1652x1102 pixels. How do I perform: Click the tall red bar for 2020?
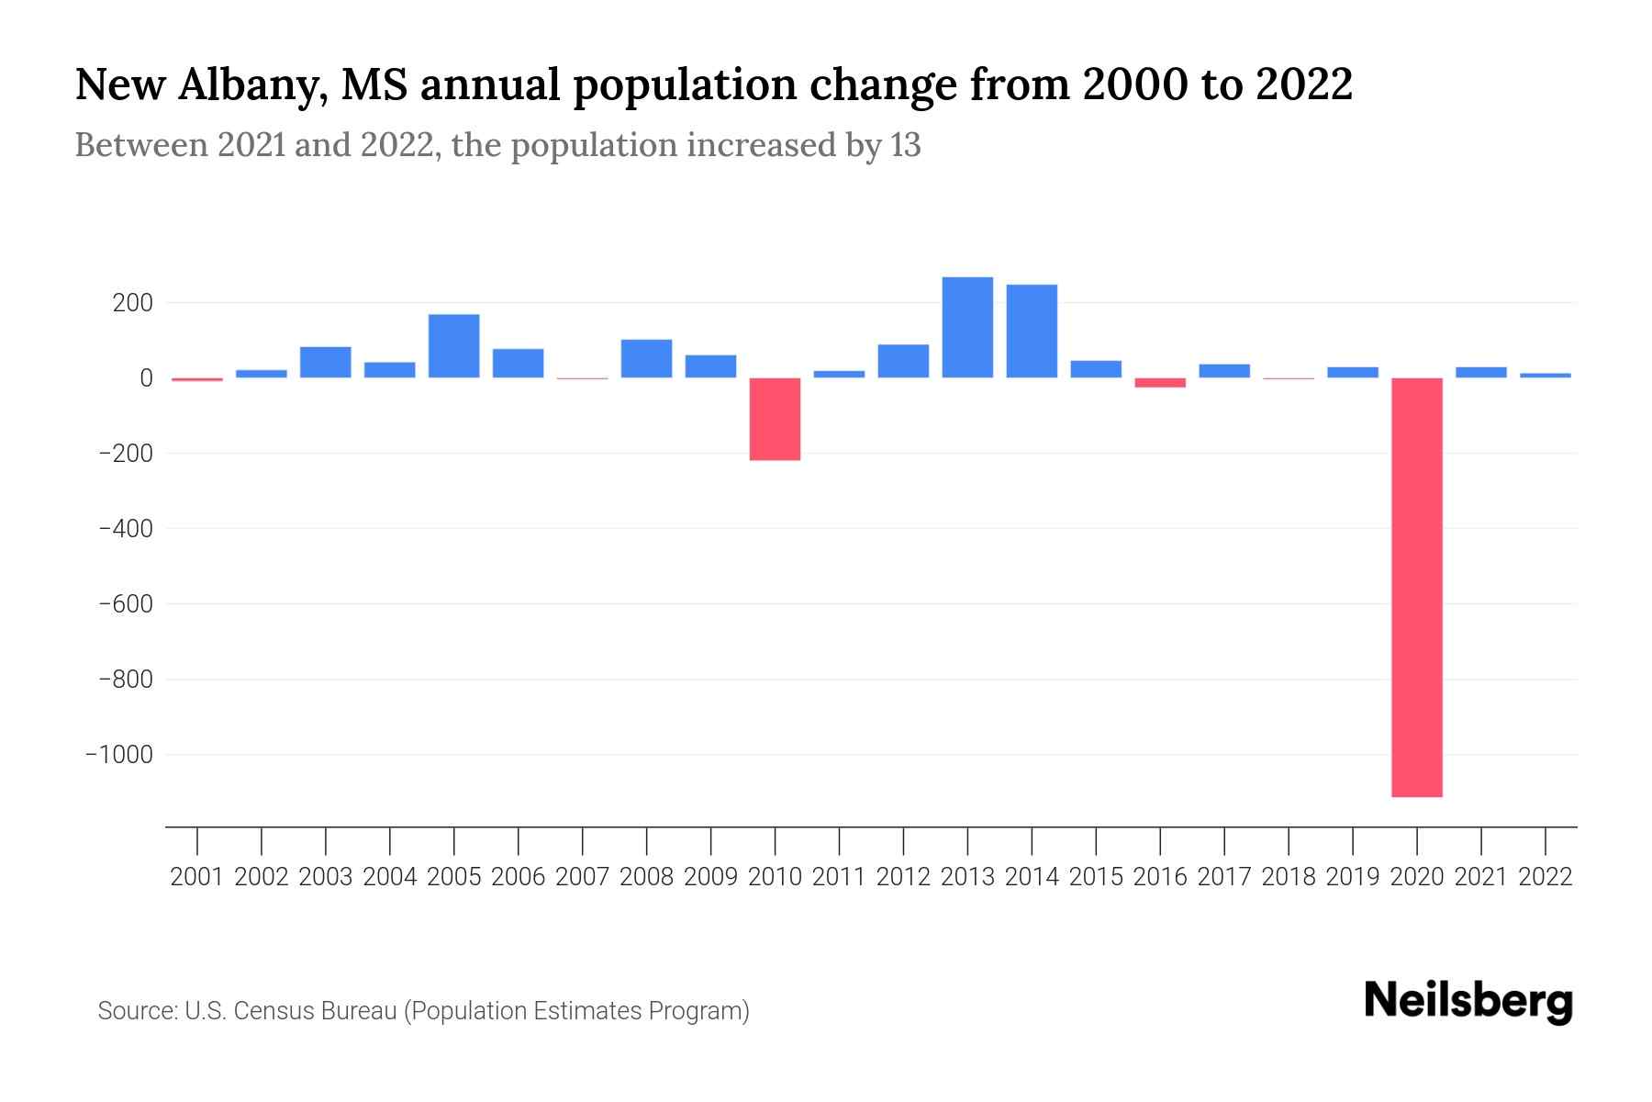click(x=1417, y=588)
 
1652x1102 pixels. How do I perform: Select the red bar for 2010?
click(x=775, y=419)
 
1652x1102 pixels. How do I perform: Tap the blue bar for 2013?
click(x=967, y=327)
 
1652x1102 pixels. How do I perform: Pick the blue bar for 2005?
click(x=453, y=346)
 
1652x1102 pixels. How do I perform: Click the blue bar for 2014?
click(x=1032, y=331)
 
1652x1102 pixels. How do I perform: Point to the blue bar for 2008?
click(x=646, y=358)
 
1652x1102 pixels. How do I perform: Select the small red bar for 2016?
click(x=1160, y=383)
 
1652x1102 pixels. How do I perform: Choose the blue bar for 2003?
click(x=326, y=362)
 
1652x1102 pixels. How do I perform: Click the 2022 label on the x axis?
click(x=1546, y=877)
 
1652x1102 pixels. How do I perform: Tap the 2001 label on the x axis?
click(x=197, y=877)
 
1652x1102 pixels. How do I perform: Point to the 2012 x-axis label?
click(x=903, y=877)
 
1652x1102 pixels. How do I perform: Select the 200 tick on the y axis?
click(x=132, y=303)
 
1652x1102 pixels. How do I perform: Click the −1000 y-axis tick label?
click(x=119, y=755)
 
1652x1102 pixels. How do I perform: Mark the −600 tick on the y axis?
click(x=126, y=604)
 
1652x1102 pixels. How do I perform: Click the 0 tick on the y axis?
click(x=146, y=378)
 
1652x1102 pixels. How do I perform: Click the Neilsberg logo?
click(x=1468, y=1001)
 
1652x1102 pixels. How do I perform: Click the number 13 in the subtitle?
click(x=905, y=146)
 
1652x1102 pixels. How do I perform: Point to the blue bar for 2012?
click(x=903, y=361)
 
